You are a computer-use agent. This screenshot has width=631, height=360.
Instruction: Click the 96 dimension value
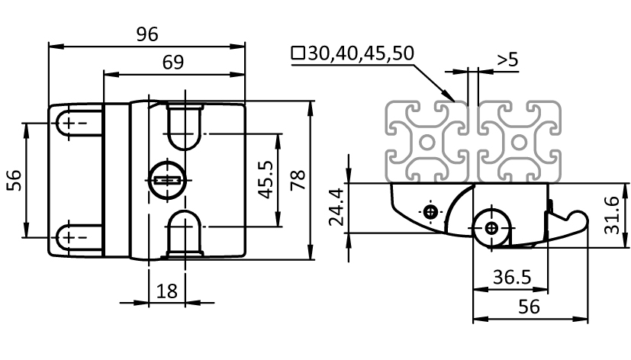click(146, 34)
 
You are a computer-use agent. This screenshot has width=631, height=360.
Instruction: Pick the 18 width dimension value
click(167, 291)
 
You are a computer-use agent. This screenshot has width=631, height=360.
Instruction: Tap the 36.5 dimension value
click(511, 278)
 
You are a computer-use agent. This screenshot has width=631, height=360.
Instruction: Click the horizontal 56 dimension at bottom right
click(530, 307)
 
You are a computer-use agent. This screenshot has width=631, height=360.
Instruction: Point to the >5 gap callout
click(507, 59)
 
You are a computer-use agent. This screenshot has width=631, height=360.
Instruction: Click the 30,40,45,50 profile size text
click(353, 53)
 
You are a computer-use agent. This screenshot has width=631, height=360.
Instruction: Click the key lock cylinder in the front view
click(166, 180)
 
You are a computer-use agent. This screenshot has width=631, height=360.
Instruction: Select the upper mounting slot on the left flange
click(76, 123)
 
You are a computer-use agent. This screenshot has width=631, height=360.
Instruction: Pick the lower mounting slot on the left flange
click(76, 237)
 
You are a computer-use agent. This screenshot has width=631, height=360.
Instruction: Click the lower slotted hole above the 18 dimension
click(184, 233)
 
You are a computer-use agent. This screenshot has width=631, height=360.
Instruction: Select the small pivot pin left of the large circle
click(432, 211)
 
